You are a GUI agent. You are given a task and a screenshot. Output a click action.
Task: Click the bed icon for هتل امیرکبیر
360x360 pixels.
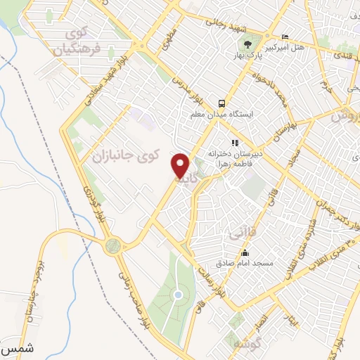pyautogui.click(x=285, y=37)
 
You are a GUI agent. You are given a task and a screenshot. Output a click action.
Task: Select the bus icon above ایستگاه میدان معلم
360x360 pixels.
pyautogui.click(x=221, y=101)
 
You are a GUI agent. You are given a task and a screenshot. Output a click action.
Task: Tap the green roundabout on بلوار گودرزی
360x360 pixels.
pyautogui.click(x=112, y=247)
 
